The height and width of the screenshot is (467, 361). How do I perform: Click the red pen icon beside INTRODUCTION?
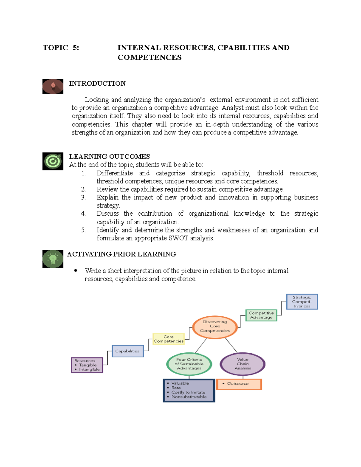[x=53, y=86]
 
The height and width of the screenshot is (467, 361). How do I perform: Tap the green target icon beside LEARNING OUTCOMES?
[x=53, y=161]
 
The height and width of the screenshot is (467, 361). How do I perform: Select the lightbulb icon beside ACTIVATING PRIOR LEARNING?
[x=53, y=259]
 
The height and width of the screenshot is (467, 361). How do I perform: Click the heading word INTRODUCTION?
[x=97, y=84]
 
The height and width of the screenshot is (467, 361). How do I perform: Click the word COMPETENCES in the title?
[x=150, y=57]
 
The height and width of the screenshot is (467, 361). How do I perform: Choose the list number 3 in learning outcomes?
[x=83, y=198]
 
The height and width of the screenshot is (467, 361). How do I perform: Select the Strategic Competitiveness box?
[x=301, y=302]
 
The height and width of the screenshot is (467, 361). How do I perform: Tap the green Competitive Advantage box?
[x=261, y=315]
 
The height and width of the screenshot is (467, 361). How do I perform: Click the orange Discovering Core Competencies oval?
[x=215, y=327]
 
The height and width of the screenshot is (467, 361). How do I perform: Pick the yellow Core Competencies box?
[x=168, y=339]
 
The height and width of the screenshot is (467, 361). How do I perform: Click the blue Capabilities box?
[x=128, y=351]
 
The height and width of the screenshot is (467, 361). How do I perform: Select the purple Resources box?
[x=87, y=365]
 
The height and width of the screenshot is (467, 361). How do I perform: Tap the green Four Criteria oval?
[x=189, y=364]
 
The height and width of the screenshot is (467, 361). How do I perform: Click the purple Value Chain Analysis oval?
[x=242, y=364]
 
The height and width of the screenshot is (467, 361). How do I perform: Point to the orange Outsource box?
[x=239, y=384]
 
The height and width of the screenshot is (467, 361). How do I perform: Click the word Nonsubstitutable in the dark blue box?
[x=189, y=397]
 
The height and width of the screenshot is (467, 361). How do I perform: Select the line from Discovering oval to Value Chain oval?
[x=231, y=345]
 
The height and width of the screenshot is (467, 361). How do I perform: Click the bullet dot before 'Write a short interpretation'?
[x=76, y=271]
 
